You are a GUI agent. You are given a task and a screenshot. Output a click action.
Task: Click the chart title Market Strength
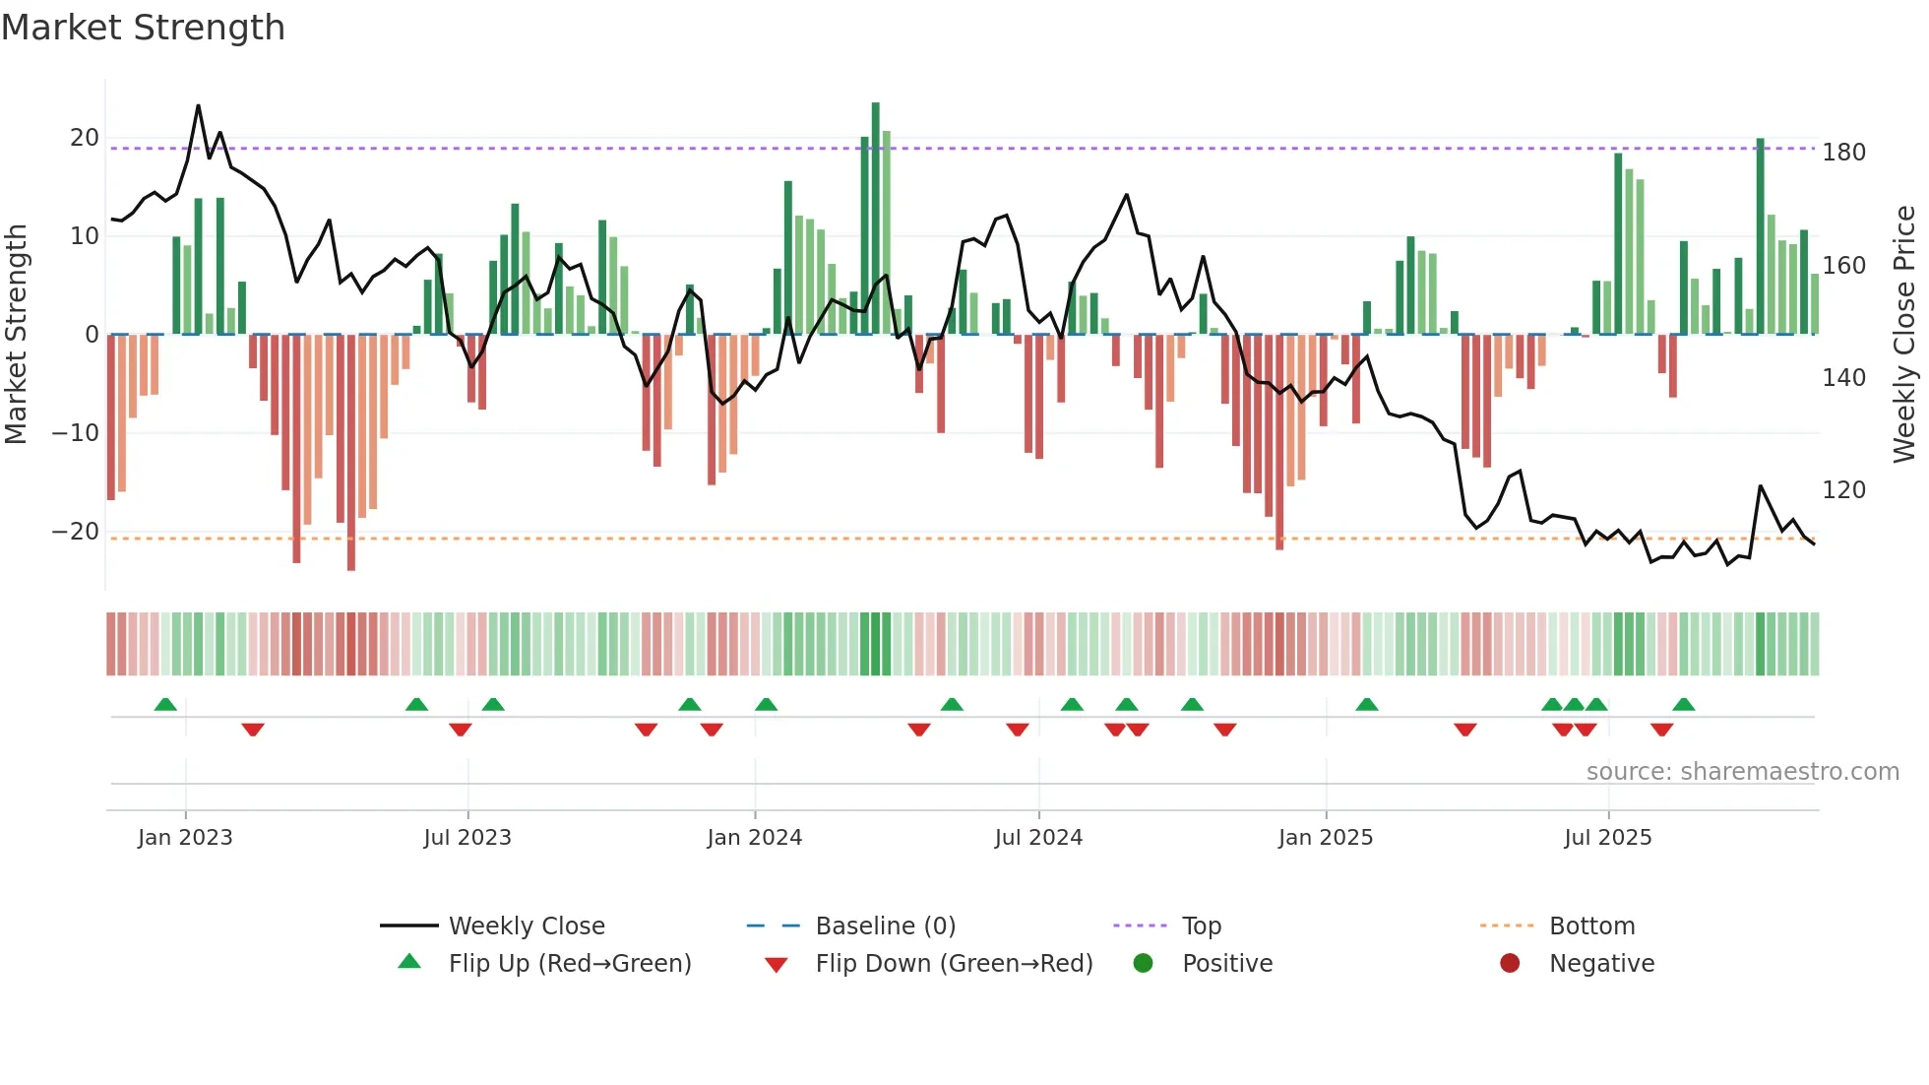(x=143, y=28)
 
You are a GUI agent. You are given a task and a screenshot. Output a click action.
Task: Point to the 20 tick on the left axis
(x=85, y=138)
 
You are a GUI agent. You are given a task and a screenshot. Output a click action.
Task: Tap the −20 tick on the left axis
(x=77, y=532)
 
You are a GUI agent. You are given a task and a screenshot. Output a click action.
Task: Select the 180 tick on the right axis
(x=1843, y=153)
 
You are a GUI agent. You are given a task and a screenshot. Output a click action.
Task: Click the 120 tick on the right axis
(x=1843, y=490)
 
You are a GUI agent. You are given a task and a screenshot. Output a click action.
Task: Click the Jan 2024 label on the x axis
(x=754, y=838)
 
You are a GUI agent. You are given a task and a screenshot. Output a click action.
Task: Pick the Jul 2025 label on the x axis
(x=1607, y=838)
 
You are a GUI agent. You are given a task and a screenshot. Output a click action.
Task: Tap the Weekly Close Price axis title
(x=1904, y=335)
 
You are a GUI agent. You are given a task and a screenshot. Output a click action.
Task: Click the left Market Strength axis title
(x=17, y=335)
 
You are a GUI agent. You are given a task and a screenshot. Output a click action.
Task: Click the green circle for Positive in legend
(x=1143, y=964)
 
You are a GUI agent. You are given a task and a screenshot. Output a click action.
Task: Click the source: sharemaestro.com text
(x=1742, y=772)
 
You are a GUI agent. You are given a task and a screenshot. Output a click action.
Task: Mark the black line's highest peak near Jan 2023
(x=198, y=106)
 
